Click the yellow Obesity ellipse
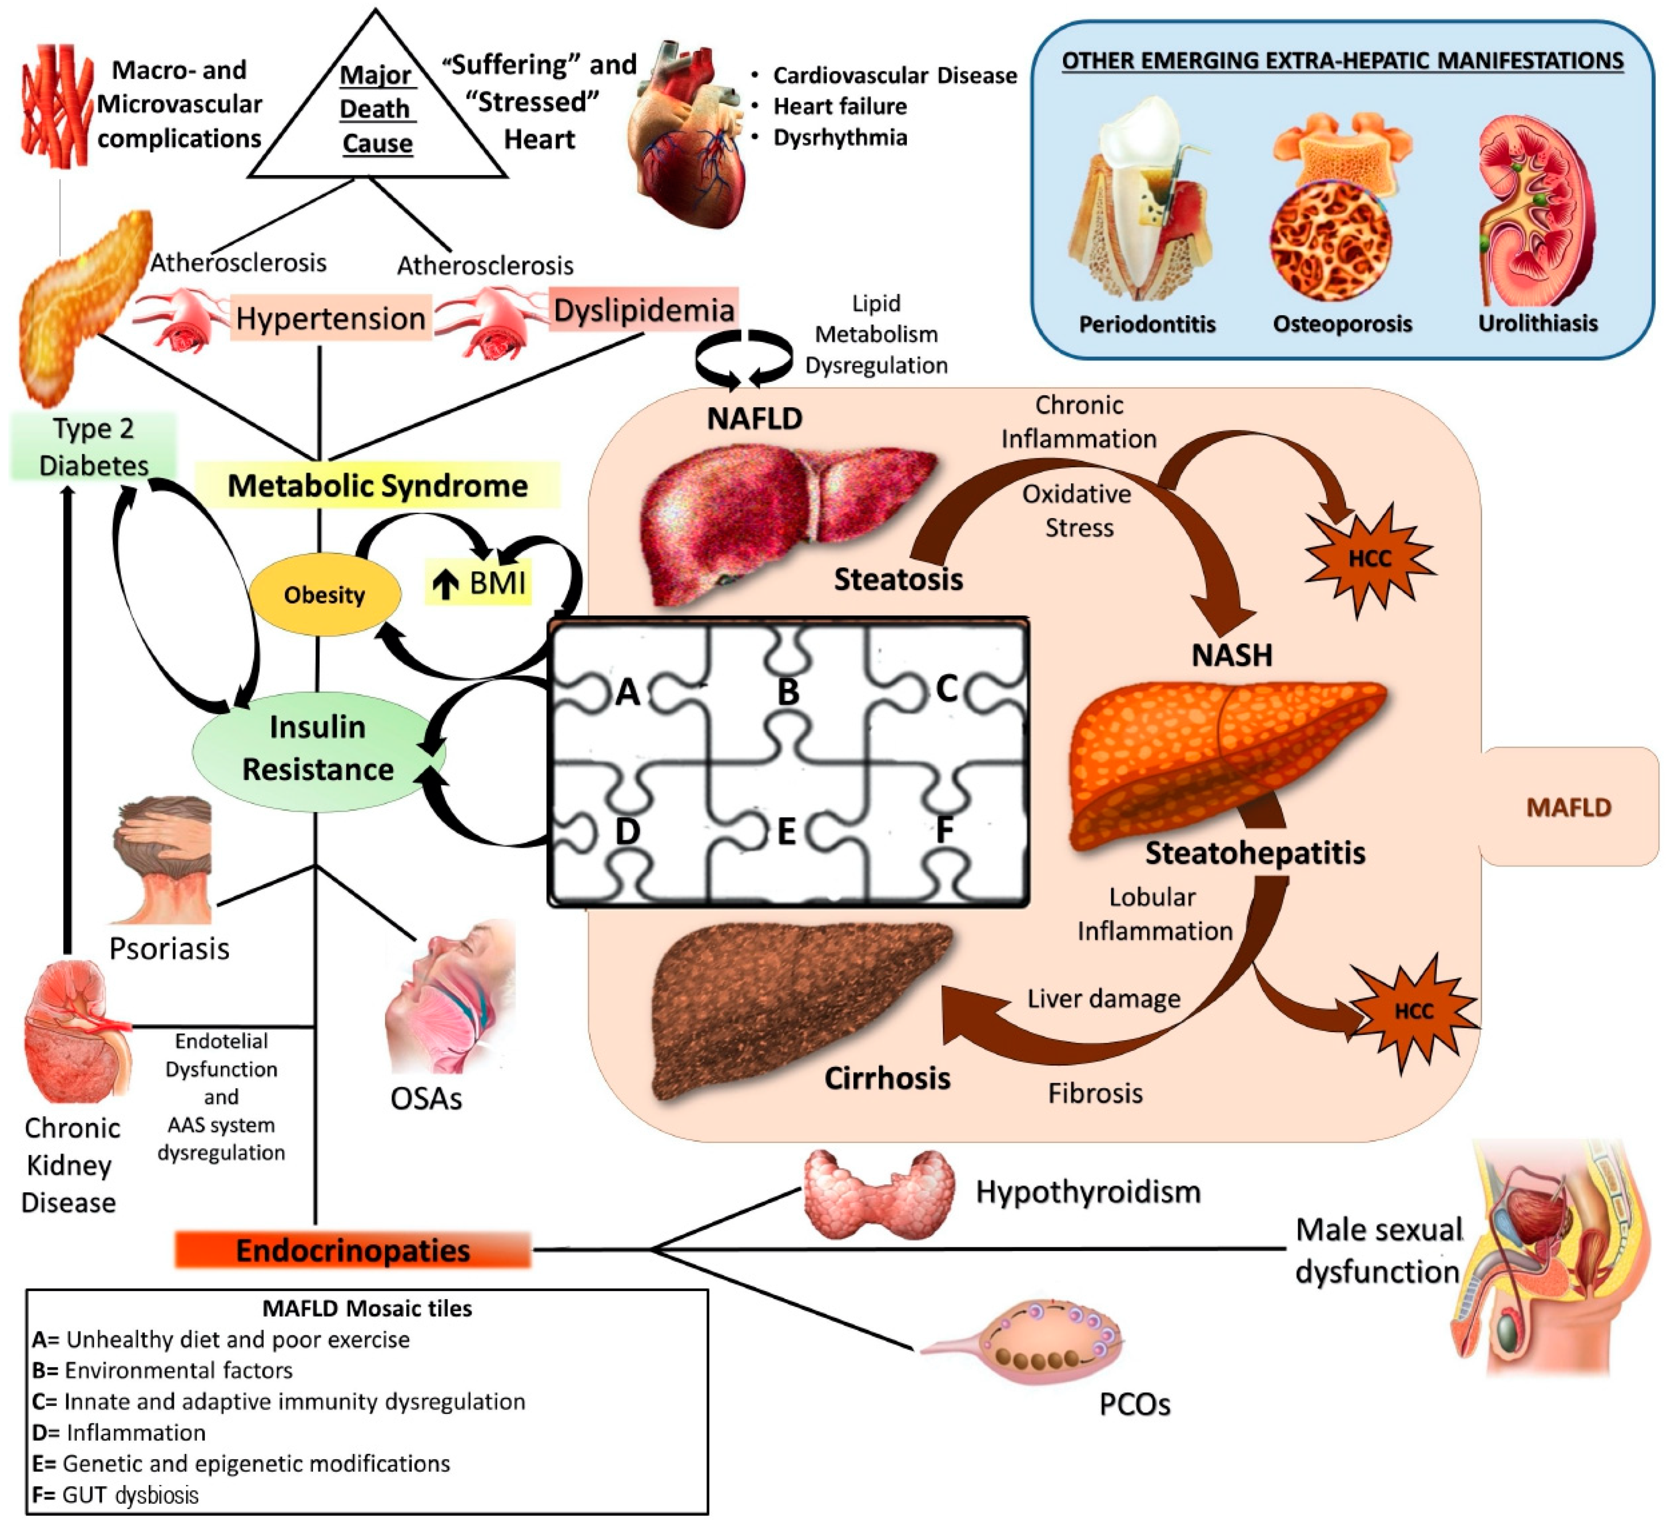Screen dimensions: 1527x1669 [x=325, y=594]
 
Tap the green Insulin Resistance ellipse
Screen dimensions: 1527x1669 [x=318, y=749]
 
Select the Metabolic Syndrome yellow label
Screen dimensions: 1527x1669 [x=378, y=486]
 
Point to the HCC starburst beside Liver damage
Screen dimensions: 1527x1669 [x=1413, y=1012]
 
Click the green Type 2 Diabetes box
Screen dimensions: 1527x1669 [x=94, y=447]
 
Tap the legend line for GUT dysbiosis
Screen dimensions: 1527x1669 [x=116, y=1495]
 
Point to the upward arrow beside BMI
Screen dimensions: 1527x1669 [x=445, y=584]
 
